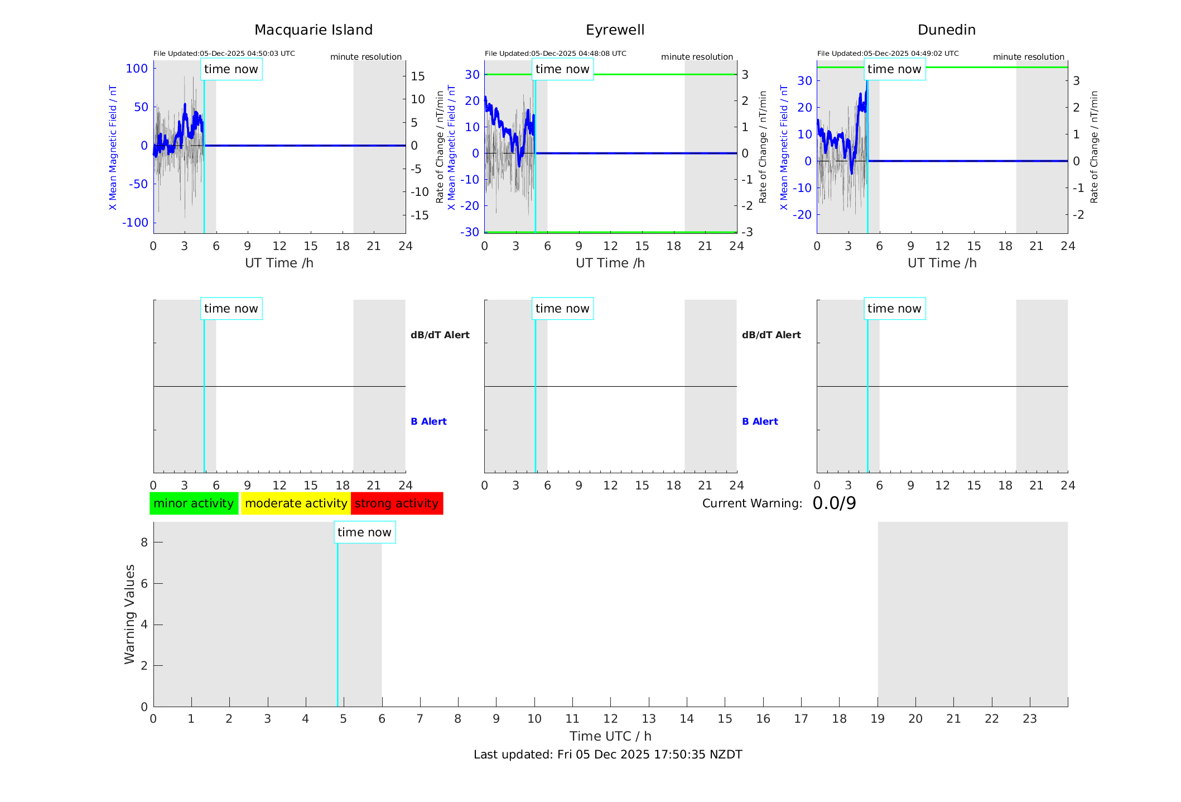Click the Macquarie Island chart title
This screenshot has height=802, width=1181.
point(313,30)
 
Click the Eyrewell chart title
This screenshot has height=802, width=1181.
point(615,30)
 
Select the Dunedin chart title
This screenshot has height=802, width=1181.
point(946,30)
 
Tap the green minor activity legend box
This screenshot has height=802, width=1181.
point(194,503)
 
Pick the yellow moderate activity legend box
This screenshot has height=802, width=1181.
point(296,503)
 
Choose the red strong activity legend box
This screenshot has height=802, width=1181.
point(397,503)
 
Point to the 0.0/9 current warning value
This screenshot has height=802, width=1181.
point(834,503)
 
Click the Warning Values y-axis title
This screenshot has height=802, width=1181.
point(130,614)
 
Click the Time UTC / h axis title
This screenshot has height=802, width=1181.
point(610,736)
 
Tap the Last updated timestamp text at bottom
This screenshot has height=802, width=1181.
point(608,755)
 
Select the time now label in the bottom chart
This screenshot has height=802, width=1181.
point(364,532)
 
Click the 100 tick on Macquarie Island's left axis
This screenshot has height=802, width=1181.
point(137,69)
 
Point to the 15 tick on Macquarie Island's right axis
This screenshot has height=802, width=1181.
point(418,76)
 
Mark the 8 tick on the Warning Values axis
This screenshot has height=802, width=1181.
point(144,542)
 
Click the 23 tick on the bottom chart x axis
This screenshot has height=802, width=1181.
point(1029,719)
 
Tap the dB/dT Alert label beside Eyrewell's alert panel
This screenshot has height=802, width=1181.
point(771,335)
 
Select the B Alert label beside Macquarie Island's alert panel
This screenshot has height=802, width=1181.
point(428,421)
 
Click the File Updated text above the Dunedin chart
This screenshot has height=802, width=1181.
point(888,54)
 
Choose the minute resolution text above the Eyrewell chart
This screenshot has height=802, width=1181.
point(697,57)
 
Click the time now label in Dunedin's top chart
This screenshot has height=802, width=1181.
point(894,69)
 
